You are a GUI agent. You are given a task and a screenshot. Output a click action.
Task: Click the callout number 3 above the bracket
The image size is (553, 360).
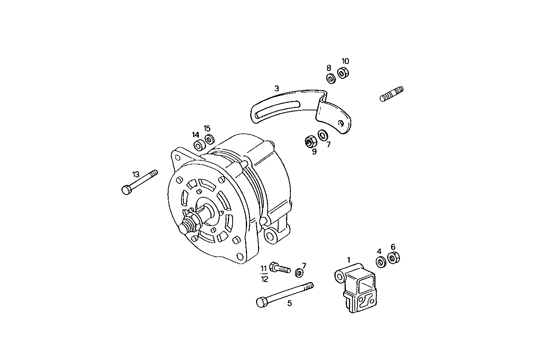[x=277, y=89]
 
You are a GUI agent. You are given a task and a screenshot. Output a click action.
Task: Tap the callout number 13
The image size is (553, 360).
[x=135, y=174]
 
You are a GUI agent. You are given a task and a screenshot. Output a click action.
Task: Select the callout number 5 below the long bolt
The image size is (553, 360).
[x=290, y=303]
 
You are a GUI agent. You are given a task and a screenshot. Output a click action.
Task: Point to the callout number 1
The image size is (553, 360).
[x=349, y=259]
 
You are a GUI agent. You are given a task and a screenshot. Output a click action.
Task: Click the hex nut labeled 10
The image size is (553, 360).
[x=343, y=73]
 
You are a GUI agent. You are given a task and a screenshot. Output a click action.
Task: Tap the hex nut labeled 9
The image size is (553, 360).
[x=311, y=141]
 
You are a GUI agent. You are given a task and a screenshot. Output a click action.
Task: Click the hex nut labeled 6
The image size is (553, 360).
[x=393, y=257]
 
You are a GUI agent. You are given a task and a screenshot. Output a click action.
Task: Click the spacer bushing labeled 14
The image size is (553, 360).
[x=199, y=145]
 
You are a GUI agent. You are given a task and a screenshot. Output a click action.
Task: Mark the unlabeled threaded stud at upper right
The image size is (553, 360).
[x=391, y=94]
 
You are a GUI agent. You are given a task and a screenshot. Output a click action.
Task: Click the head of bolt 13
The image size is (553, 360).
[x=126, y=190]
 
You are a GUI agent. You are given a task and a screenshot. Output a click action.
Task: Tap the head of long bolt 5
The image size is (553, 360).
[x=261, y=302]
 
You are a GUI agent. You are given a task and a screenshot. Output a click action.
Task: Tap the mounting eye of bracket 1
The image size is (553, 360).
[x=340, y=277]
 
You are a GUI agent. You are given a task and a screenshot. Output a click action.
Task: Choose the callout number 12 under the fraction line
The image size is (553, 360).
[x=265, y=279]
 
